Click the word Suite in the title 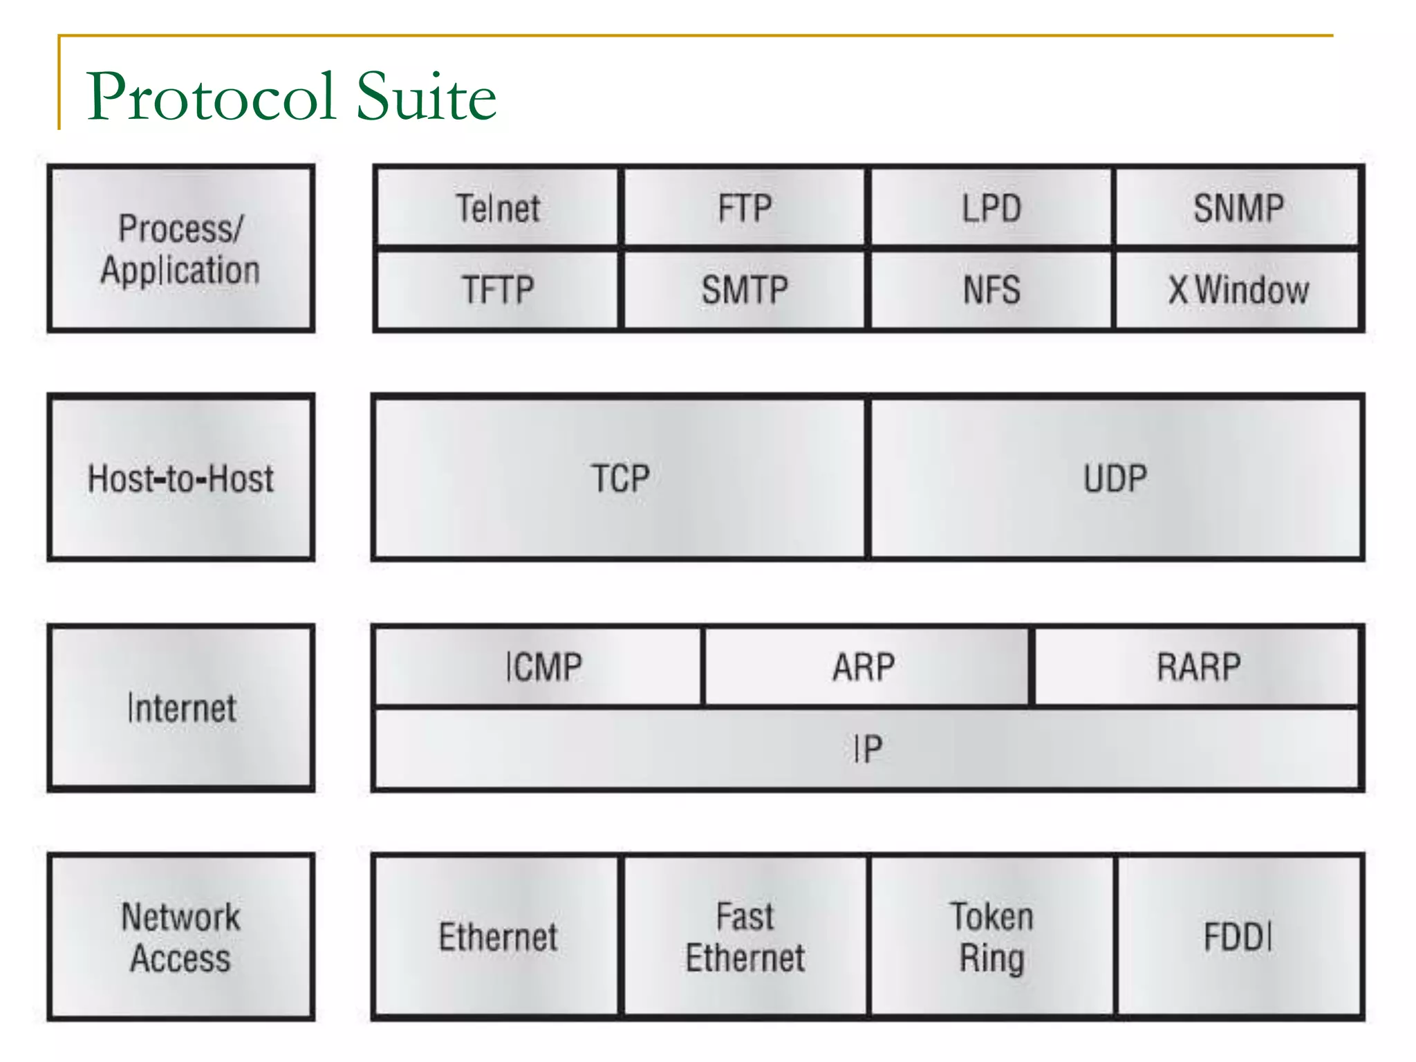pos(426,97)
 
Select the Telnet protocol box pos(497,207)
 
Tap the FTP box pos(745,207)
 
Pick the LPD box pos(991,207)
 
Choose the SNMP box pos(1238,207)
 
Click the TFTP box pos(497,290)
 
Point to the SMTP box pos(745,290)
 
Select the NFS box pos(991,290)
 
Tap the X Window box pos(1238,290)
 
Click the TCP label pos(620,478)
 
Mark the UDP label pos(1115,478)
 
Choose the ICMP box pos(543,667)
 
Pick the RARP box pos(1198,667)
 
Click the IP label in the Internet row pos(867,749)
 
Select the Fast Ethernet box pos(745,937)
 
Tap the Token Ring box pos(991,937)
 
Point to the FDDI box pos(1238,937)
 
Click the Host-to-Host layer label pos(180,478)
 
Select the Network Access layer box pos(180,937)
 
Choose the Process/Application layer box pos(180,249)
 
